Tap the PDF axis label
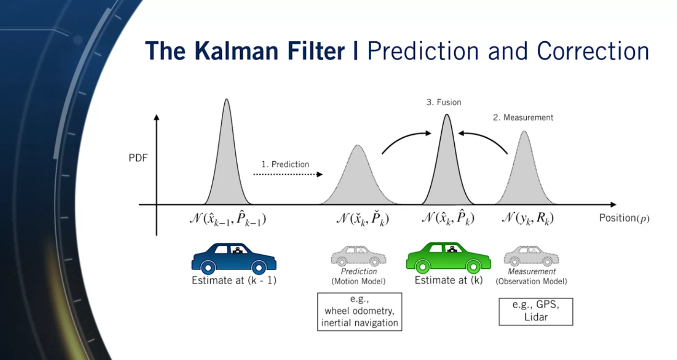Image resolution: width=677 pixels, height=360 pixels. tap(138, 158)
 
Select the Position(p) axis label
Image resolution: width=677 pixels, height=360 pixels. tap(624, 218)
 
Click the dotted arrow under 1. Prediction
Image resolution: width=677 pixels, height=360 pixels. tap(288, 174)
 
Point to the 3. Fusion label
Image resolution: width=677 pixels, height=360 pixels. tap(444, 102)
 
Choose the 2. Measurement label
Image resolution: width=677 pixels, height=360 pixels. tap(523, 118)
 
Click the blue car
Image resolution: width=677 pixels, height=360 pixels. tap(234, 258)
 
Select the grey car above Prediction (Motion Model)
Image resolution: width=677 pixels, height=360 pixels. tap(359, 256)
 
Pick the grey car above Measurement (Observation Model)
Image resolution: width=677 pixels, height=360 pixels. tap(532, 256)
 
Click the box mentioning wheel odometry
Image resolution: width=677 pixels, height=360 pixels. tap(360, 312)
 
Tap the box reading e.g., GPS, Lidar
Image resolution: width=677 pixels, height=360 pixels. tap(536, 312)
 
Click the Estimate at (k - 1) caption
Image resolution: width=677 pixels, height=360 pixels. tap(234, 280)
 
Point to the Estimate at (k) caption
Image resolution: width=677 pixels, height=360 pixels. tap(448, 280)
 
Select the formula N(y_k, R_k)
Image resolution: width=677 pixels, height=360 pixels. tap(528, 218)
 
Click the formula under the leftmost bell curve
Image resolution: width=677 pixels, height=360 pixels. tap(228, 218)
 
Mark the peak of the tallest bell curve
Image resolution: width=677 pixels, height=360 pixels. tap(226, 99)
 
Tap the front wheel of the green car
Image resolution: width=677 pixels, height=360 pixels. tap(422, 266)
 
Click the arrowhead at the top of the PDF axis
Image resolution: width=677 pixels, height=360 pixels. tap(156, 116)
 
